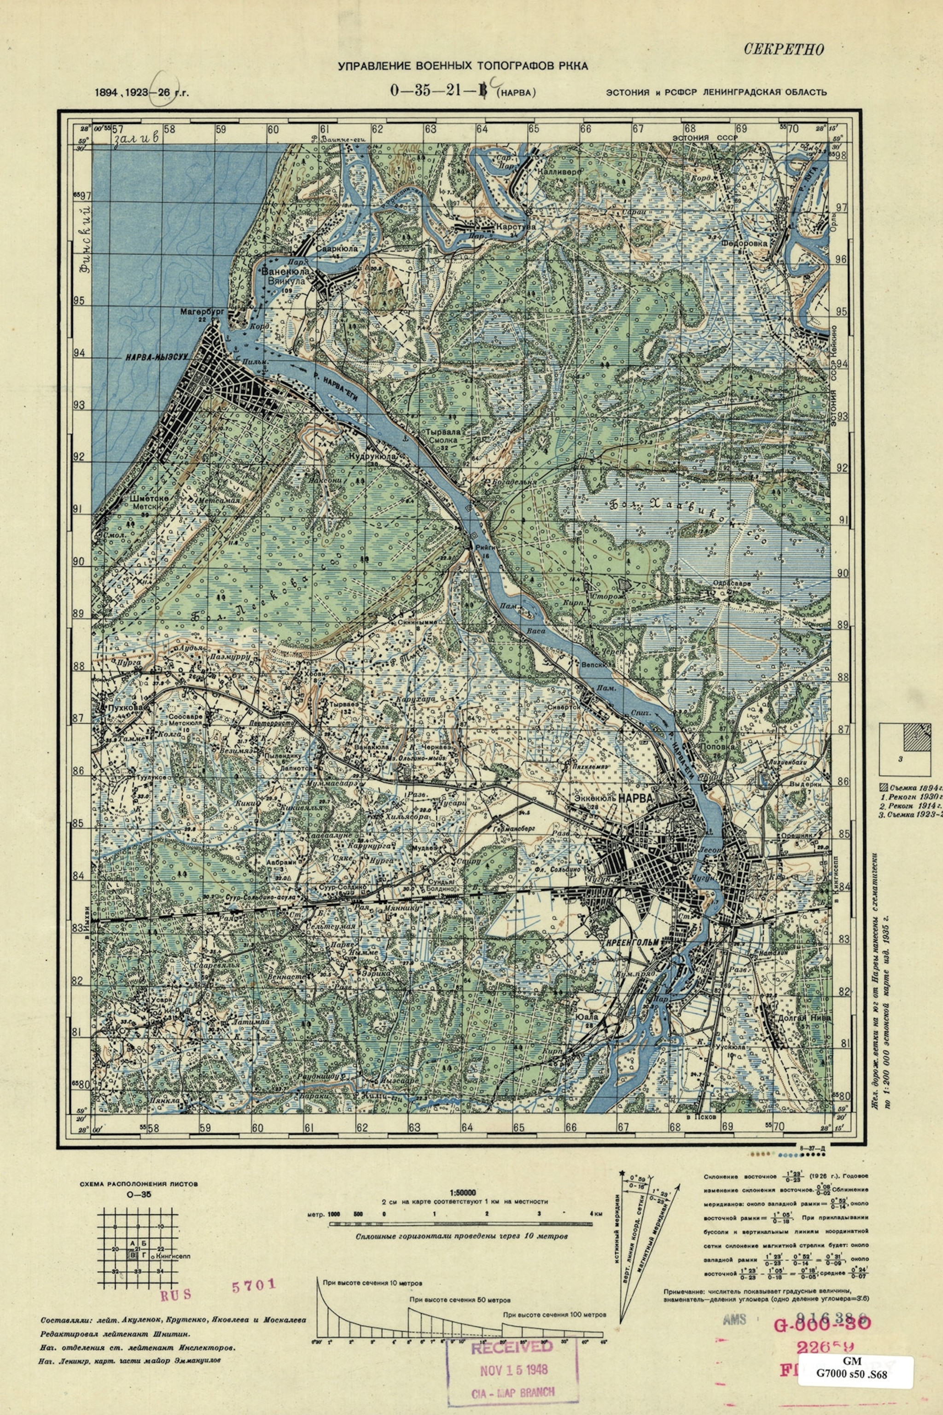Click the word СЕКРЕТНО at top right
(x=784, y=49)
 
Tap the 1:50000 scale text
(x=462, y=1191)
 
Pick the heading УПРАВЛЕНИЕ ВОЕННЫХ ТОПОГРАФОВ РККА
(x=462, y=66)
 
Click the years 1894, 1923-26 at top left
(x=141, y=93)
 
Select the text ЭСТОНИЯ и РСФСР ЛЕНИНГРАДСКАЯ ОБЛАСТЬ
(x=716, y=92)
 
